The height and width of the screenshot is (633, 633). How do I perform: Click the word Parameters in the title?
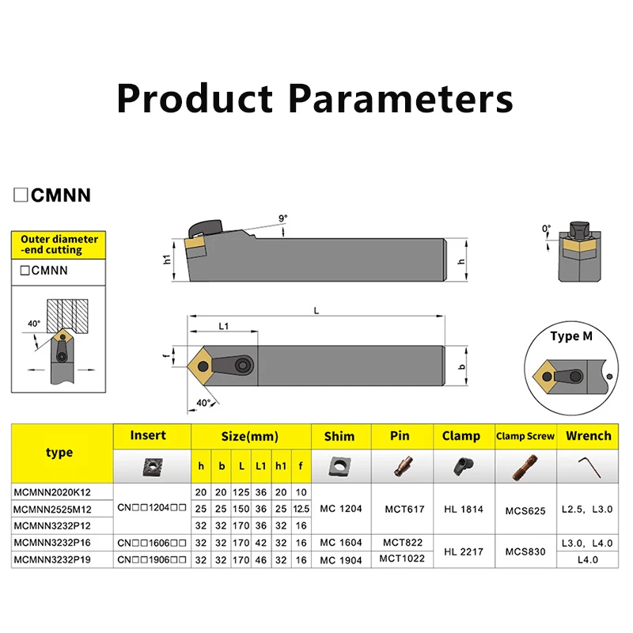400,99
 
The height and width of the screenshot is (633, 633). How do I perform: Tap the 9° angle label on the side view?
283,218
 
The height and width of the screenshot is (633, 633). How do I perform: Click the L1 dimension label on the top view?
224,326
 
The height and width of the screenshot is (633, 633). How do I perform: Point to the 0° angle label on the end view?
546,229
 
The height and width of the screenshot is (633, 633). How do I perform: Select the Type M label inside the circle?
571,335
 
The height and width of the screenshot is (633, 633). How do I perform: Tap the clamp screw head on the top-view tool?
244,366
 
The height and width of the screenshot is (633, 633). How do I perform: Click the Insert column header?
148,435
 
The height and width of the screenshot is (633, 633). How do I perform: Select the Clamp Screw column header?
525,436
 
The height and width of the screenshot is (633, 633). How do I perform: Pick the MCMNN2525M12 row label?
52,509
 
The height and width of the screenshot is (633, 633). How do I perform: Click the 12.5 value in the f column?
301,509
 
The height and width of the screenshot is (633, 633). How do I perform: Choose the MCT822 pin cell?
403,543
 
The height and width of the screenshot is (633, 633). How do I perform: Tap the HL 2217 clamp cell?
464,552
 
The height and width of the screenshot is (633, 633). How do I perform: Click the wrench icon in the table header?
589,467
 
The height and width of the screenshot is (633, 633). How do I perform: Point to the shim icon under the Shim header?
339,466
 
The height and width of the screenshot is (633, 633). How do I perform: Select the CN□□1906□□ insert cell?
152,559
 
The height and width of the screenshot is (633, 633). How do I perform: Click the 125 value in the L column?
241,492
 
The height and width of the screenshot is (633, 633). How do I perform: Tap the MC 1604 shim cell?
341,543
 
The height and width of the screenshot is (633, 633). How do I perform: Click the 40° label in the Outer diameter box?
34,324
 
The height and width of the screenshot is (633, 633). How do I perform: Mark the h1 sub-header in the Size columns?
281,466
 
